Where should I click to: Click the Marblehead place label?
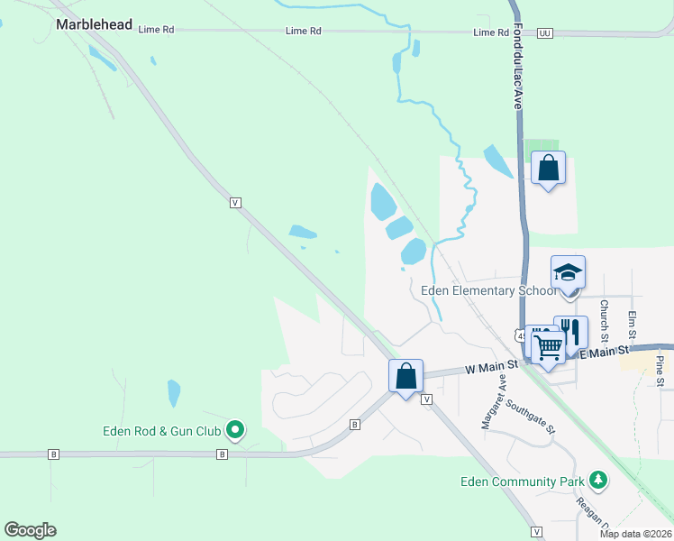click(94, 24)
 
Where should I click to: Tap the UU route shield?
click(543, 32)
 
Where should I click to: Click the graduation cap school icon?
click(569, 272)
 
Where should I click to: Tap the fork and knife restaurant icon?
click(571, 330)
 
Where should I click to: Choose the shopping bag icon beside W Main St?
click(406, 375)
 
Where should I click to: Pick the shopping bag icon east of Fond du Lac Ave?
click(548, 168)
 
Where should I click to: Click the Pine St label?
click(660, 371)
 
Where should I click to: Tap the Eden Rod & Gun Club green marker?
click(235, 430)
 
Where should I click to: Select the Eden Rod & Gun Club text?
click(162, 430)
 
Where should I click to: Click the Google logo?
click(30, 530)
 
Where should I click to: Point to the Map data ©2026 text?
click(635, 534)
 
